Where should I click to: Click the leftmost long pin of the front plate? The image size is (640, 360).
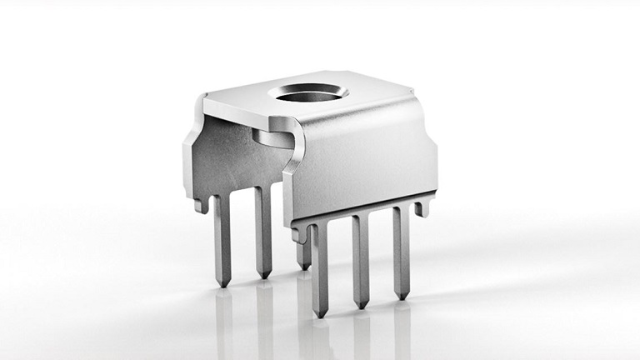(319, 267)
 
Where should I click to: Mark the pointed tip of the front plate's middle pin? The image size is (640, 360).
(361, 305)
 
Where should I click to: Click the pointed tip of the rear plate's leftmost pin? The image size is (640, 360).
(222, 284)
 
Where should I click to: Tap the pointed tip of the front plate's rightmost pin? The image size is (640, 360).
(402, 296)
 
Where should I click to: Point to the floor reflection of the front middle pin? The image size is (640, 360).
(362, 333)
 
